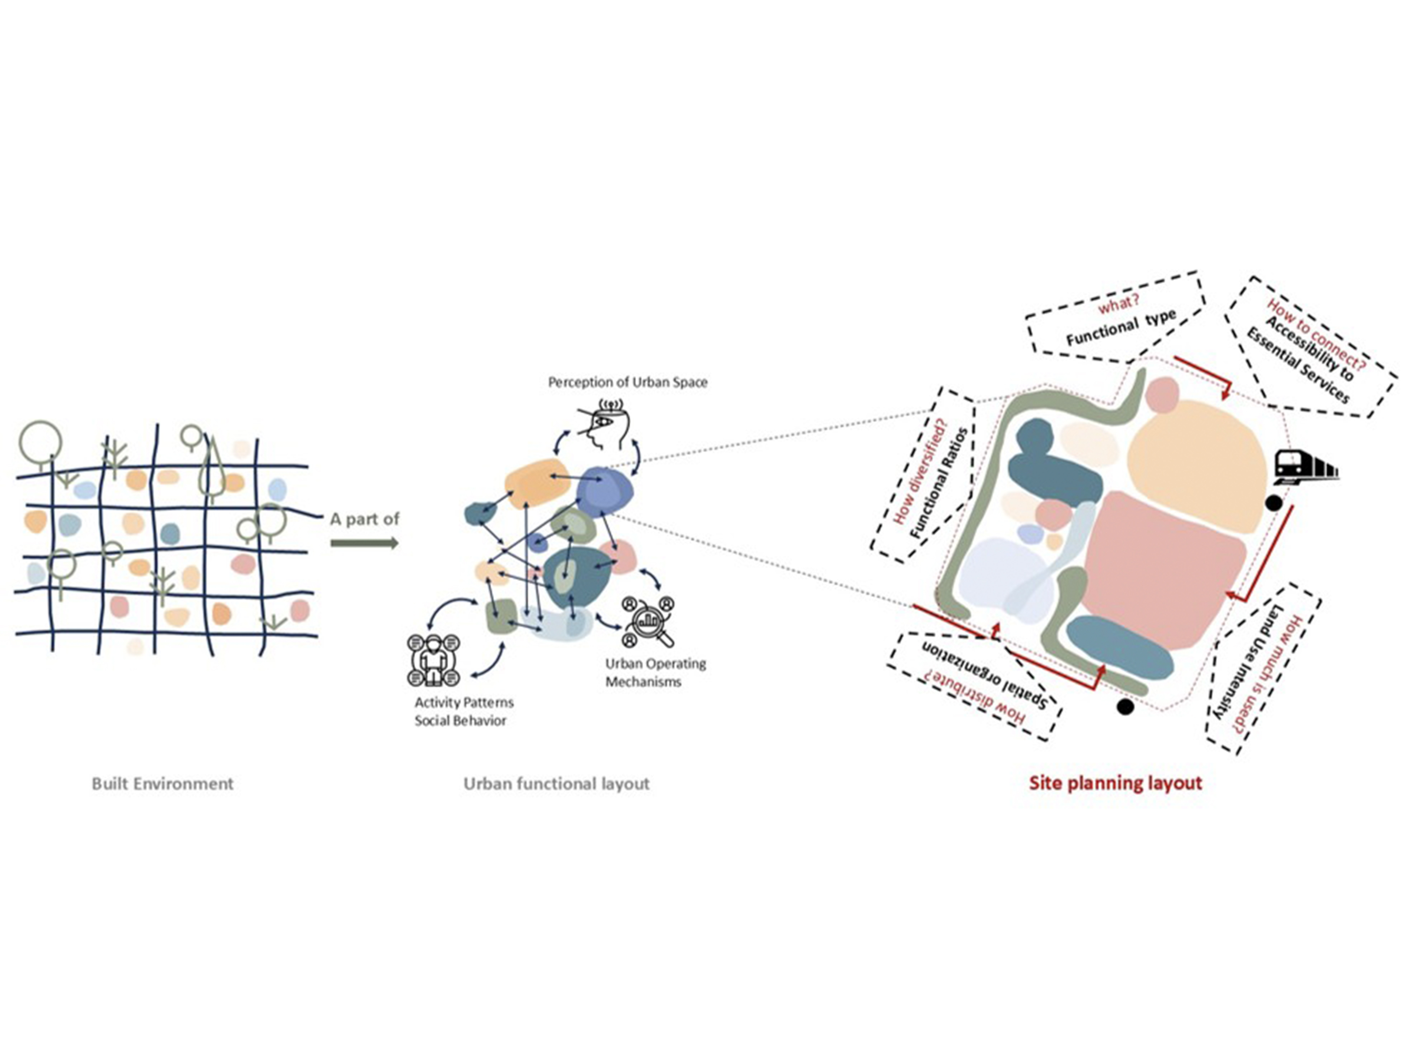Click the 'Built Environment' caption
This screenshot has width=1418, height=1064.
(x=162, y=784)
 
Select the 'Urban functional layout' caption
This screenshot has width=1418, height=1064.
(x=556, y=784)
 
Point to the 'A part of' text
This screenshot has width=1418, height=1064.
(x=364, y=518)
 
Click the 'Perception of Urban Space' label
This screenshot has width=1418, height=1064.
(x=627, y=382)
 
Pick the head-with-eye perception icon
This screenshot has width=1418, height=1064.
(x=604, y=423)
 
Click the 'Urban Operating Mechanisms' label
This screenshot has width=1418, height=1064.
(x=655, y=672)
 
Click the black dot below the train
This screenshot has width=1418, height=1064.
(x=1273, y=503)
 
